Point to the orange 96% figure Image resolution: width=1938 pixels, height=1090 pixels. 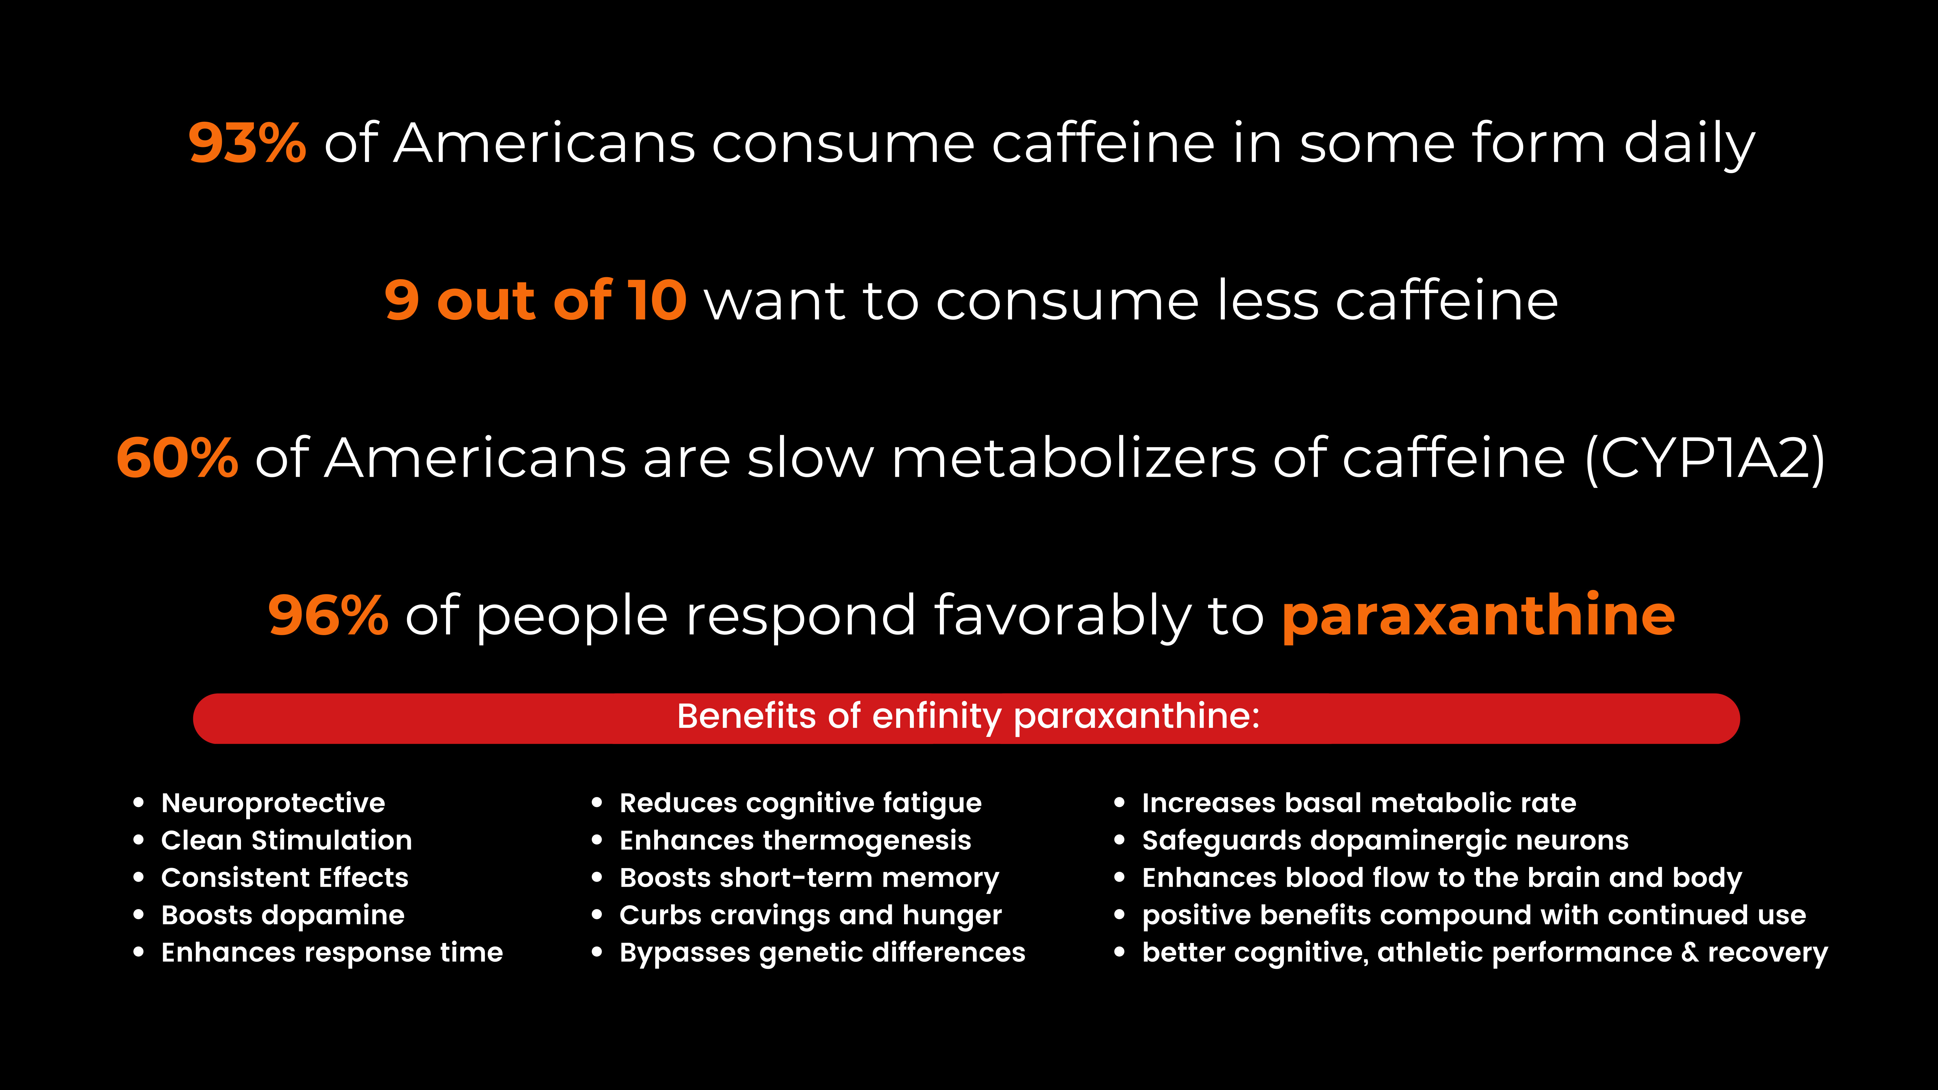pyautogui.click(x=328, y=615)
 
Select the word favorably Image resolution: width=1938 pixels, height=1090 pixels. pyautogui.click(x=1062, y=615)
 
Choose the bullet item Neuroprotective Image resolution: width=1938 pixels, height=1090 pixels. pyautogui.click(x=273, y=803)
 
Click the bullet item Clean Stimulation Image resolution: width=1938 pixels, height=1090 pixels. pyautogui.click(x=287, y=840)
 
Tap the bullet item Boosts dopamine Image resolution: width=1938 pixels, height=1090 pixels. pyautogui.click(x=283, y=916)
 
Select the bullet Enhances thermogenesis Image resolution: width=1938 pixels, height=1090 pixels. pyautogui.click(x=795, y=840)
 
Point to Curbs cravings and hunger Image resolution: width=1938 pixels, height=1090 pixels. pyautogui.click(x=810, y=916)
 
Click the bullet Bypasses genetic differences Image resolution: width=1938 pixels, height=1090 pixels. pyautogui.click(x=822, y=953)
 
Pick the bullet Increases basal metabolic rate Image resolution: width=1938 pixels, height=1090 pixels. pyautogui.click(x=1359, y=803)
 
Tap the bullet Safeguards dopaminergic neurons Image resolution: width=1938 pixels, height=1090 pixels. pyautogui.click(x=1385, y=840)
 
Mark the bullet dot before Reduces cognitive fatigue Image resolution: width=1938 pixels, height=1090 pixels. pyautogui.click(x=597, y=803)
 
